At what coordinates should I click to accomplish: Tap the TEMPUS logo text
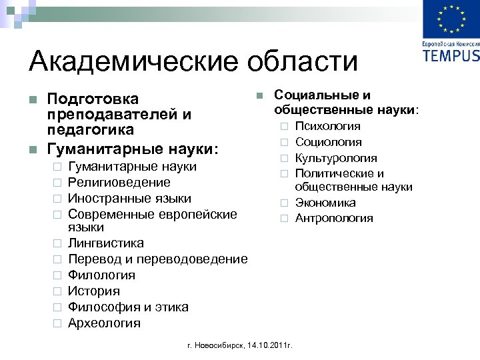451,55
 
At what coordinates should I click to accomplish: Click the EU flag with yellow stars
451,19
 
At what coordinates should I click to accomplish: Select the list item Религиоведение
119,182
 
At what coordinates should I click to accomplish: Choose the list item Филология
101,275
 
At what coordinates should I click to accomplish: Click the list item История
94,291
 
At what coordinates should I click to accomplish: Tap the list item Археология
104,323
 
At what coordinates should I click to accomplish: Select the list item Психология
327,126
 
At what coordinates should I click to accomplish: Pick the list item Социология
328,142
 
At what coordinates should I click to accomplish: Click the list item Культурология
336,158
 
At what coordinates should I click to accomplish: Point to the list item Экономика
325,203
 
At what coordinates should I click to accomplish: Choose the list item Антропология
334,219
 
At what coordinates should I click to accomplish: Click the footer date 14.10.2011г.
270,345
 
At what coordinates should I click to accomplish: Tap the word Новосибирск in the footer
219,345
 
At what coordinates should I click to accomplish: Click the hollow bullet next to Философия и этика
57,307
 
